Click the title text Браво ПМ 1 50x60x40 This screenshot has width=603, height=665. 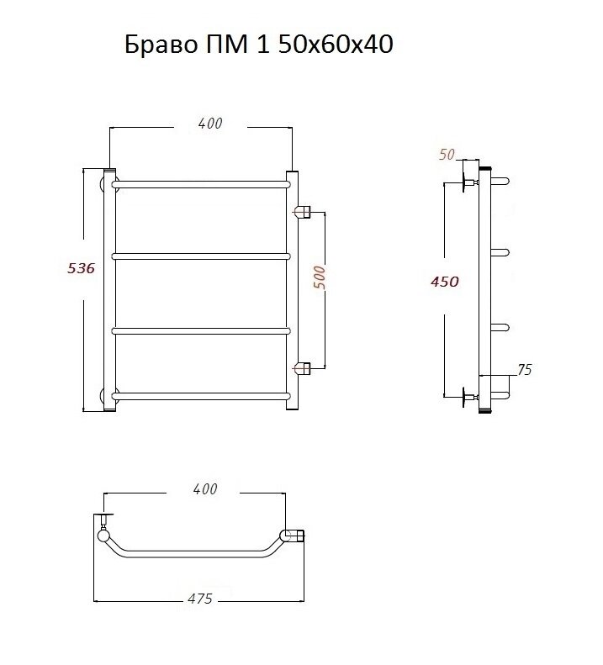pos(259,44)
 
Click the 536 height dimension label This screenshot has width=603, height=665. pos(81,268)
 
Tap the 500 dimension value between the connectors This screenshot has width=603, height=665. pos(320,277)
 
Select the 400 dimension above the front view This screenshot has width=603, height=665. pos(210,124)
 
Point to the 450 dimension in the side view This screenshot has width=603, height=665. pos(445,282)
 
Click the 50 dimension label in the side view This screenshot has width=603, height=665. pos(447,155)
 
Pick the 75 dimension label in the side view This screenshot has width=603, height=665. pos(525,370)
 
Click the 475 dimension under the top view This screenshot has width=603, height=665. pos(200,599)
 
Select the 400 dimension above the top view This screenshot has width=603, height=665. pos(205,489)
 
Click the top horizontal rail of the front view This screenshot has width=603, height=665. pos(201,184)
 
